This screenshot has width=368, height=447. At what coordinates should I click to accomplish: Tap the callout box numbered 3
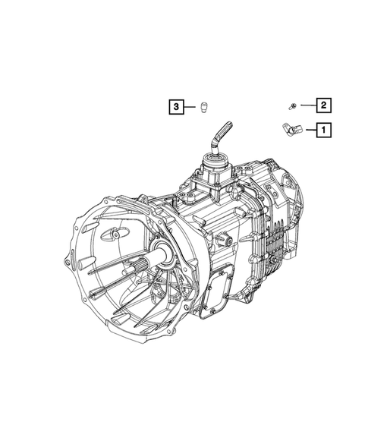(x=176, y=108)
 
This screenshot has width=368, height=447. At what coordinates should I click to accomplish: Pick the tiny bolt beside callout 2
(x=291, y=105)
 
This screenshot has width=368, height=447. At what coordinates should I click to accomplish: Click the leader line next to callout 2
(x=306, y=105)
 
